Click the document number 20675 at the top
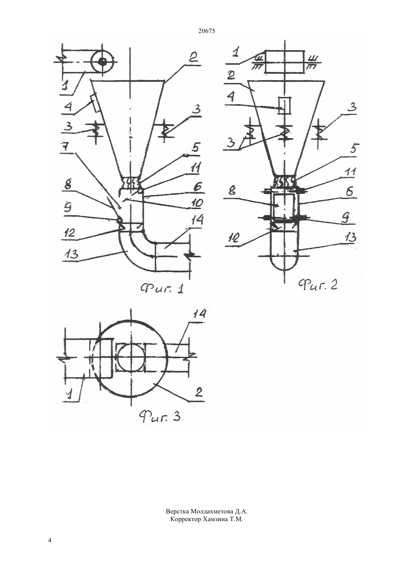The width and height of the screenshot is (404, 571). (206, 31)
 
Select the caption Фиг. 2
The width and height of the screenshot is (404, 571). (318, 284)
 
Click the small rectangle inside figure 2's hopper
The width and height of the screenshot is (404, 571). (284, 106)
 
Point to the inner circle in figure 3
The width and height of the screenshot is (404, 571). (131, 357)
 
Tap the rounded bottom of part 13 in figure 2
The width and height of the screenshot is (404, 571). (284, 270)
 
